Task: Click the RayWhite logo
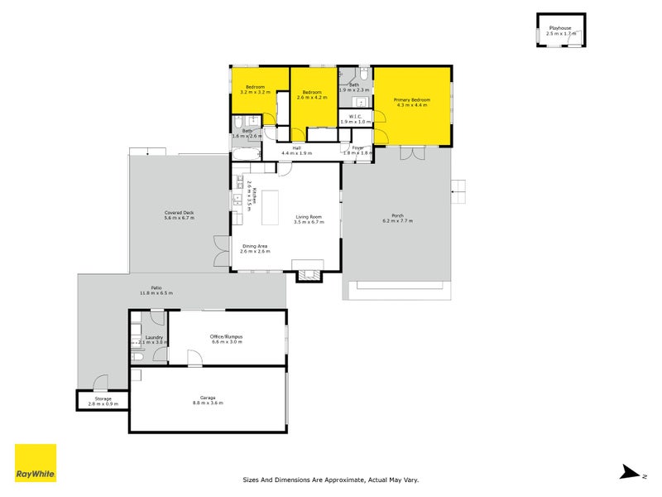point(36,463)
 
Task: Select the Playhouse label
point(560,28)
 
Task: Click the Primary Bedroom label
point(411,99)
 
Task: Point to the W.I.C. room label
point(355,116)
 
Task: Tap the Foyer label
point(357,147)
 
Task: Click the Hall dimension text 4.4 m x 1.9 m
point(296,153)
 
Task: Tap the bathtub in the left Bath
point(246,155)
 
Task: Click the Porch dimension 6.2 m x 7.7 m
point(397,221)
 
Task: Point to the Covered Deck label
point(179,213)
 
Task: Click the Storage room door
point(100,383)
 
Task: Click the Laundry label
point(153,337)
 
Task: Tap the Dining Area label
point(255,246)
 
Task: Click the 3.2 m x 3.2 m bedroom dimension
point(254,92)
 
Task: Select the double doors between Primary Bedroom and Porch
point(412,154)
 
